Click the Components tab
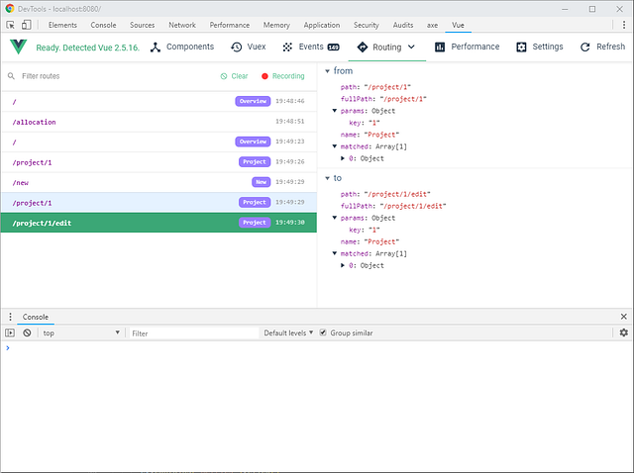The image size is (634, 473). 182,47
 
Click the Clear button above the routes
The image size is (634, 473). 234,76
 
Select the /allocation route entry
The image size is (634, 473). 35,122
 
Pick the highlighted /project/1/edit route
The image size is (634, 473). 43,223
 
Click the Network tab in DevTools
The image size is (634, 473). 182,25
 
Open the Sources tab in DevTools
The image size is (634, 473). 143,25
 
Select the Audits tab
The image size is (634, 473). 403,25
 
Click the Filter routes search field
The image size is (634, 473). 99,76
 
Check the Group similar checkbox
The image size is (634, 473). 323,333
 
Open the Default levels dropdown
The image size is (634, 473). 288,333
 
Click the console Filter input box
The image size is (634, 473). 193,333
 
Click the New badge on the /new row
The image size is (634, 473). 262,182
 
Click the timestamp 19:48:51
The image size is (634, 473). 289,122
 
